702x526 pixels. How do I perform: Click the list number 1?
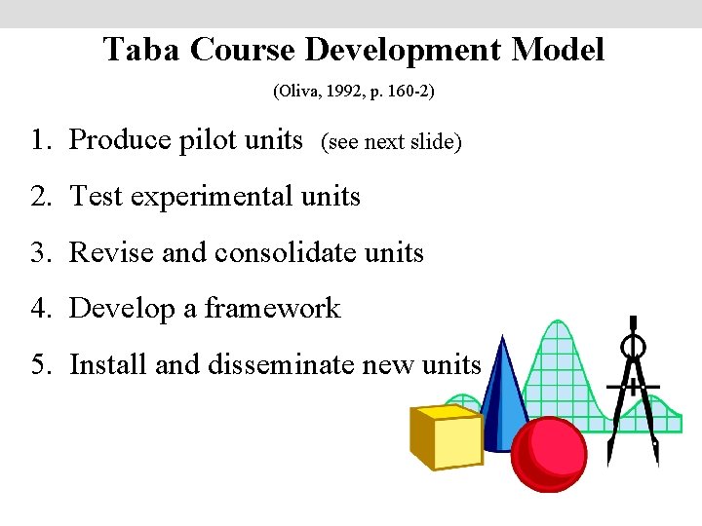(38, 140)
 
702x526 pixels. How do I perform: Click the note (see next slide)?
(391, 142)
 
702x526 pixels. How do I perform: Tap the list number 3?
(38, 253)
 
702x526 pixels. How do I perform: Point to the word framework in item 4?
(272, 309)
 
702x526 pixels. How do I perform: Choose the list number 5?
(38, 365)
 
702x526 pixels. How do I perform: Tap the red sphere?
(548, 454)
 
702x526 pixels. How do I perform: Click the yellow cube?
(447, 438)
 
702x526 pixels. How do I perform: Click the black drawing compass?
(634, 390)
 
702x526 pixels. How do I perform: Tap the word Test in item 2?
(97, 197)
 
